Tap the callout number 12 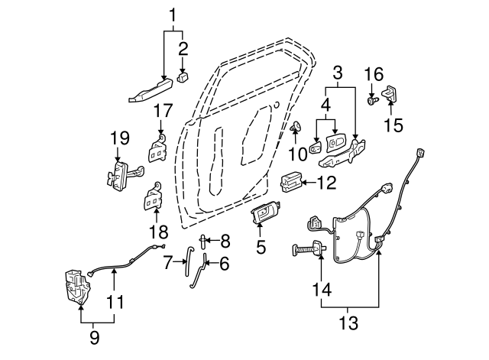pyautogui.click(x=326, y=183)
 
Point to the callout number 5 pyautogui.click(x=261, y=247)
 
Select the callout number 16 pyautogui.click(x=373, y=74)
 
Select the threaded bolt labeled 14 pyautogui.click(x=308, y=248)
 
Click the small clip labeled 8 pyautogui.click(x=203, y=242)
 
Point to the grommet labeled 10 pyautogui.click(x=296, y=127)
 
